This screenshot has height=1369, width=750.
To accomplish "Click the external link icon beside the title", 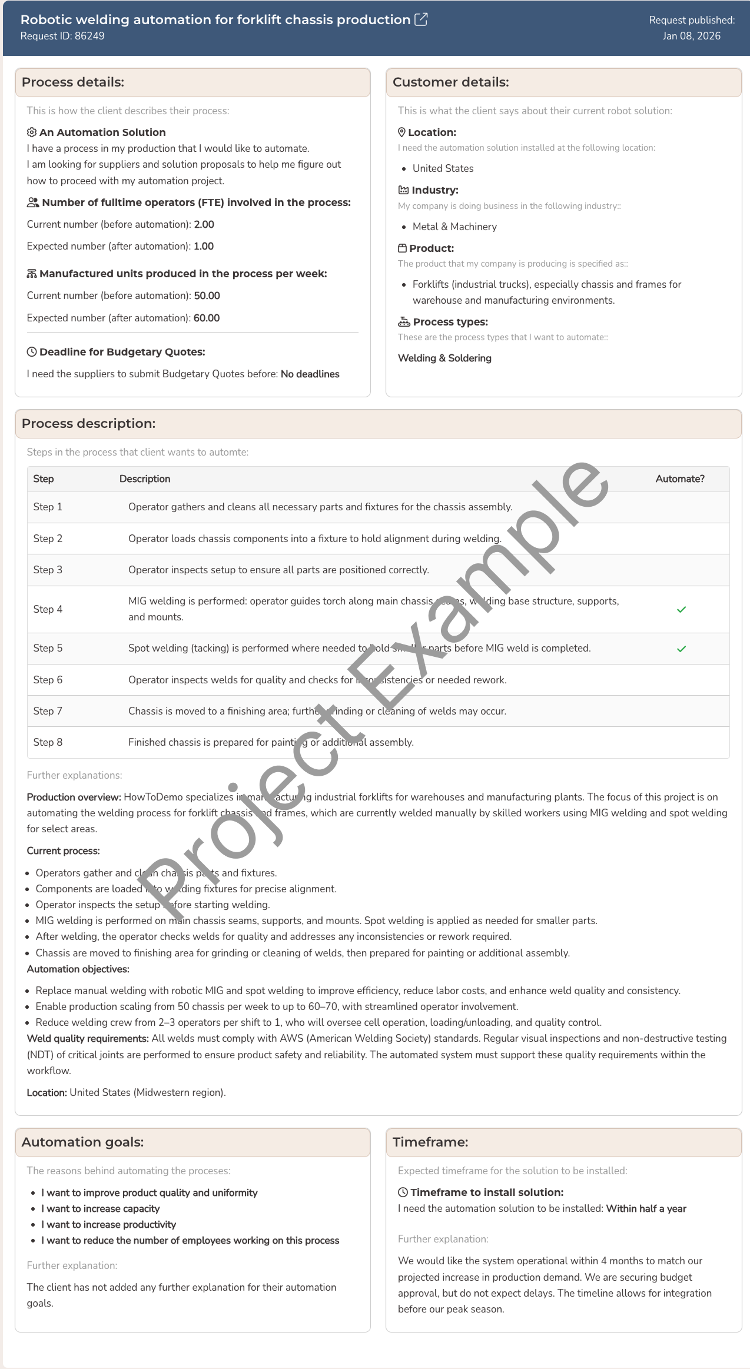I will [421, 19].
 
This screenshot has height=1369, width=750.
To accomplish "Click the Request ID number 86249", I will [89, 36].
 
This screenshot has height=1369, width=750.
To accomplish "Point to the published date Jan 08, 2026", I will [691, 36].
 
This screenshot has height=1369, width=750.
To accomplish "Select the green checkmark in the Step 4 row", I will [681, 609].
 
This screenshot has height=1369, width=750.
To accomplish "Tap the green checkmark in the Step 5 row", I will [681, 649].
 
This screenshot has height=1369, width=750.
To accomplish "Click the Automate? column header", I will [679, 479].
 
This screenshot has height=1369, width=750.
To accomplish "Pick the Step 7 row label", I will [48, 711].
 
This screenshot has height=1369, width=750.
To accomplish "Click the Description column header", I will [145, 479].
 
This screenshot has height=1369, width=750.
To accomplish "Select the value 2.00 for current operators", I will [204, 224].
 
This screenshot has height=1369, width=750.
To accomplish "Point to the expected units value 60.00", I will [207, 318].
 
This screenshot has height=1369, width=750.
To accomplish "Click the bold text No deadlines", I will [310, 374].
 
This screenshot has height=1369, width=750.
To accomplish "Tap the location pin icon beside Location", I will [402, 132].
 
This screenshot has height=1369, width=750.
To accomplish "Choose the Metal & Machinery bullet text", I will [454, 227].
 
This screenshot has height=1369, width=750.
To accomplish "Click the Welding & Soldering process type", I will [444, 358].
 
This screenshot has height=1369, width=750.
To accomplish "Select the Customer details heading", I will [450, 82].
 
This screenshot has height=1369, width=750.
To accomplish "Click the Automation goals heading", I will [82, 1142].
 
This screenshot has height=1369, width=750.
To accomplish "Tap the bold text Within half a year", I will [646, 1208].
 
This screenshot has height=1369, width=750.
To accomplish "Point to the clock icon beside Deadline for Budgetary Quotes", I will [32, 352].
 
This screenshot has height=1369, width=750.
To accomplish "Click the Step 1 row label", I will [48, 507].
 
